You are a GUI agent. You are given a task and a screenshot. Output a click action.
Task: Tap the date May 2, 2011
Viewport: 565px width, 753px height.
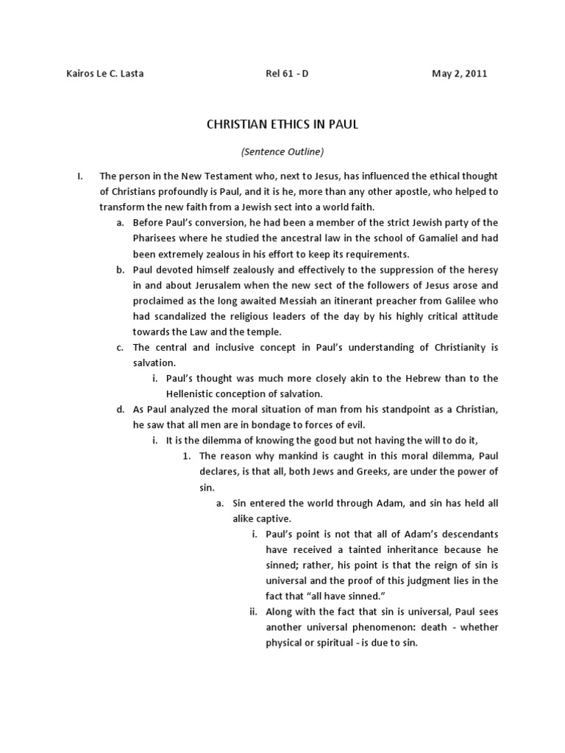pos(459,74)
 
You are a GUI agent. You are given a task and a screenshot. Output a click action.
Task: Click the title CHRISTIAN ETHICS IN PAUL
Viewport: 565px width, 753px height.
pos(282,125)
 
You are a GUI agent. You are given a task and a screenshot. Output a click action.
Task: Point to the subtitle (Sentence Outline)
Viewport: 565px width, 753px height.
pos(282,152)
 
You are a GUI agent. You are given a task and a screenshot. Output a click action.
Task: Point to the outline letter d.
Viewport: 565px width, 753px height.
pos(119,409)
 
